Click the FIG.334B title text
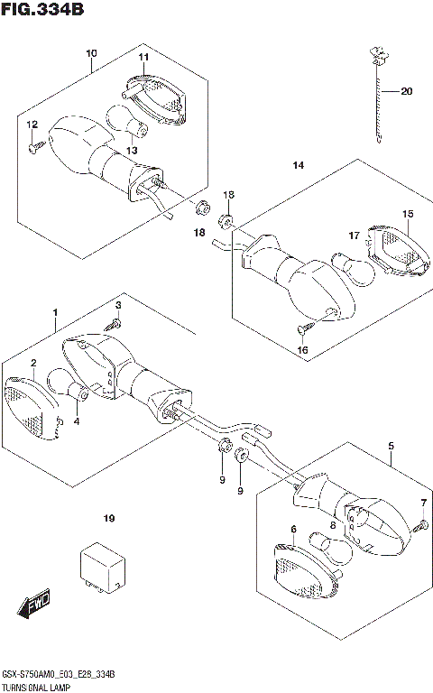(x=42, y=9)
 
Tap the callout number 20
(x=406, y=91)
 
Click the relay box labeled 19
(x=102, y=567)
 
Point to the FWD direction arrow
(x=34, y=603)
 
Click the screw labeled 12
(x=36, y=147)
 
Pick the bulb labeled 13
(x=127, y=120)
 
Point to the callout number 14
(x=299, y=165)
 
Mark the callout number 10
(x=91, y=53)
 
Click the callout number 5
(x=391, y=446)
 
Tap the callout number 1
(x=55, y=312)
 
